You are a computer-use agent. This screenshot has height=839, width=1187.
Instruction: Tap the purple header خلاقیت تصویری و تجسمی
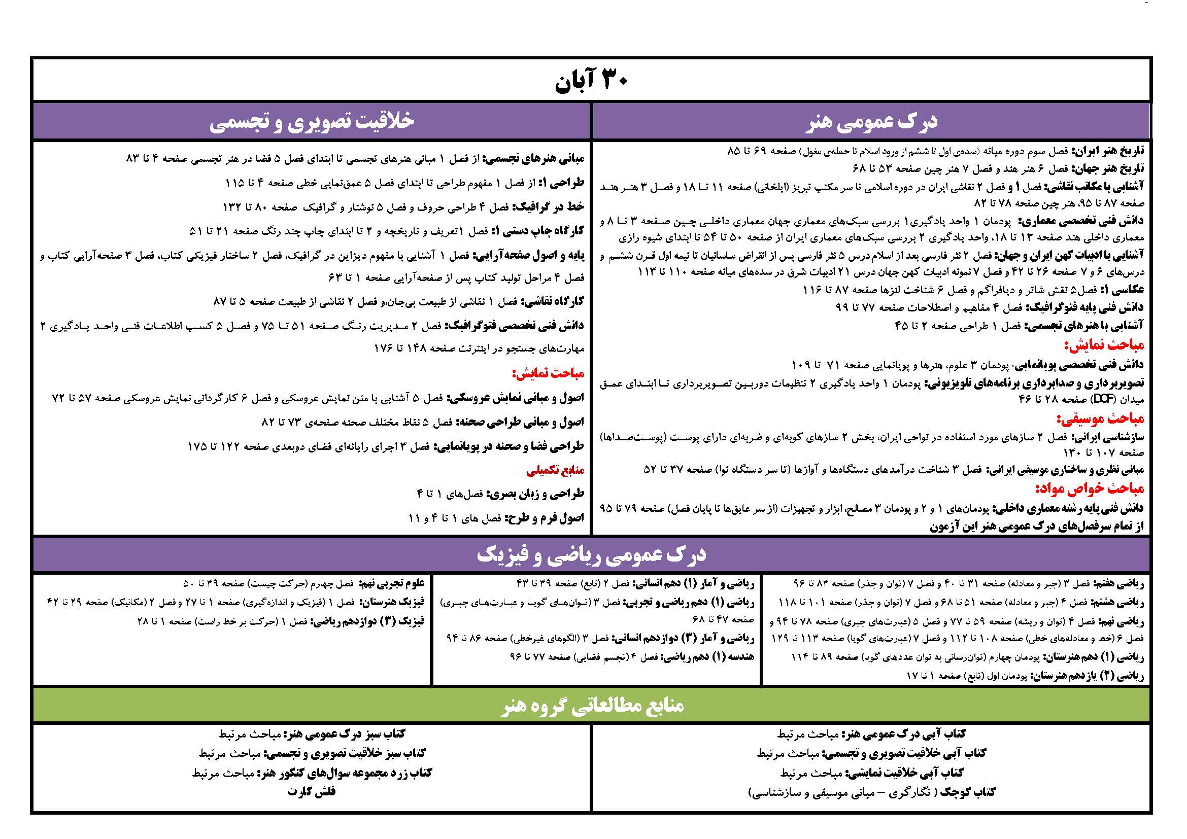pos(312,121)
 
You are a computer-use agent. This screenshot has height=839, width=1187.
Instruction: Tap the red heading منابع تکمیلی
pos(555,471)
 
